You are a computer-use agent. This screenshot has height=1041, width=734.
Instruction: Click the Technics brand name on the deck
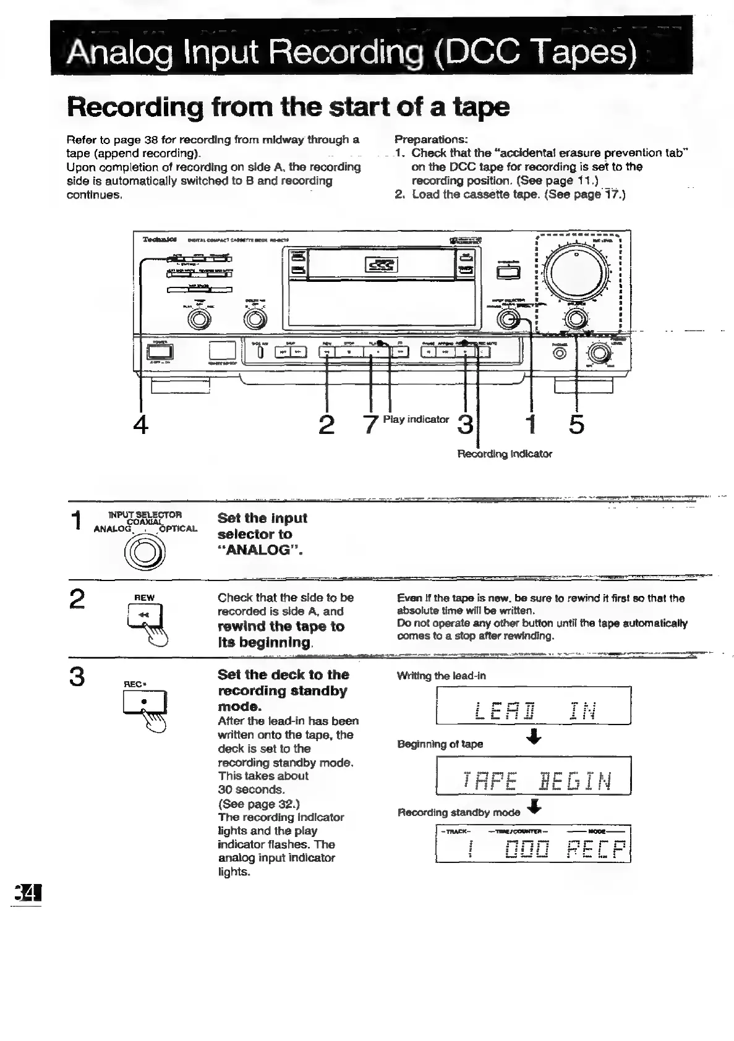click(x=155, y=239)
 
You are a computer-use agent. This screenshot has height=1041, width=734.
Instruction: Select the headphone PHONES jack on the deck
click(x=560, y=353)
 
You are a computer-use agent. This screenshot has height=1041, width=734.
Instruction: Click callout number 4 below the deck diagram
click(x=141, y=425)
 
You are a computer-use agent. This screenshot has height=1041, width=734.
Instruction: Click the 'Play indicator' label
click(x=416, y=419)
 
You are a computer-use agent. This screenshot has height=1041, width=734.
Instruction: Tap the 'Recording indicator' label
click(x=504, y=454)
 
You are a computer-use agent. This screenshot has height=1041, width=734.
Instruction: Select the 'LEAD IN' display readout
click(x=533, y=706)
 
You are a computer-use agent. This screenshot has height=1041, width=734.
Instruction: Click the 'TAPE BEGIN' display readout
click(x=533, y=776)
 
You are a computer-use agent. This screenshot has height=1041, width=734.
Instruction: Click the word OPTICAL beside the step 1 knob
click(x=178, y=529)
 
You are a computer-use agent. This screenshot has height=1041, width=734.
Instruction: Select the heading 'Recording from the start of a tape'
click(x=288, y=107)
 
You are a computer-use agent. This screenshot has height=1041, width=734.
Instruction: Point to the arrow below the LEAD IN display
click(x=536, y=736)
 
